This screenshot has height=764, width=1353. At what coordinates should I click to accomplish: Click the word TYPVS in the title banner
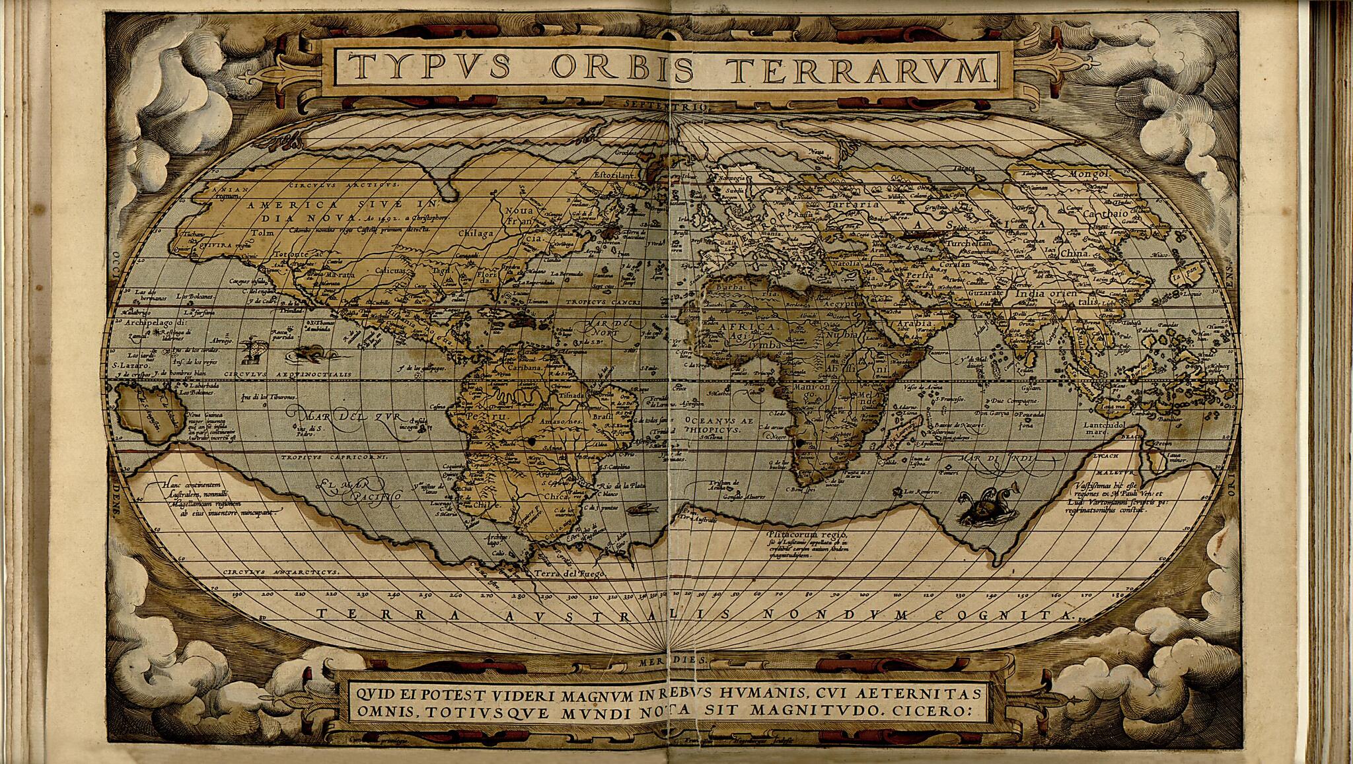point(429,67)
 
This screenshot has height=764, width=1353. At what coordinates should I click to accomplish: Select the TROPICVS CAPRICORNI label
point(327,457)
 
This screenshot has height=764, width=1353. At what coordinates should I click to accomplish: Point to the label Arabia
point(914,324)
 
